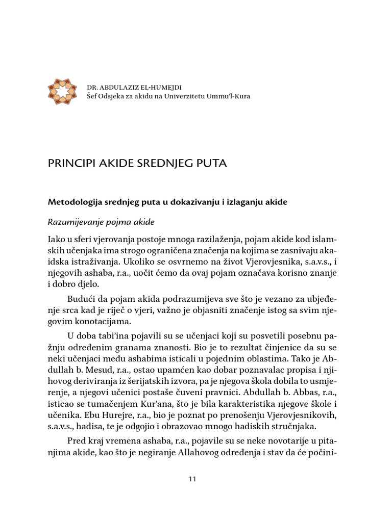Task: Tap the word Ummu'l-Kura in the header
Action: pyautogui.click(x=228, y=96)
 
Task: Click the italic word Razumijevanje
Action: pyautogui.click(x=73, y=223)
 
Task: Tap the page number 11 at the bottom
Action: pyautogui.click(x=192, y=479)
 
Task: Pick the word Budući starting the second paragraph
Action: pyautogui.click(x=80, y=299)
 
